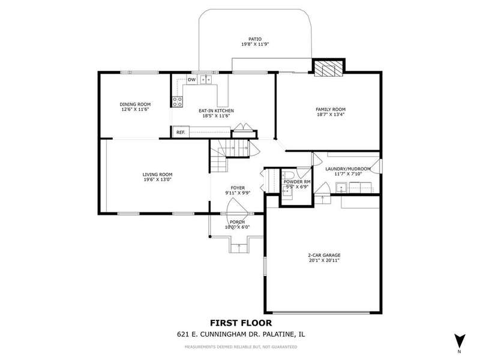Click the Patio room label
pos(255,39)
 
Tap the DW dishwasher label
pos(191,80)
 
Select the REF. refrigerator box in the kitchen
pos(181,132)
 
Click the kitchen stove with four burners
pos(178,101)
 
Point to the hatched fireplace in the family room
pos(328,68)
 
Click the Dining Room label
pos(135,104)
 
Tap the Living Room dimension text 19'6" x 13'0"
pos(157,179)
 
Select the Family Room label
pos(331,109)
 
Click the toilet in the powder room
pos(288,176)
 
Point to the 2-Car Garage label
pos(324,256)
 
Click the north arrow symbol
pos(460,341)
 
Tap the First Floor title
pos(241,323)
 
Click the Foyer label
pos(238,188)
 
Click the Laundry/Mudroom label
pos(348,169)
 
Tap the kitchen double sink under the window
pos(206,80)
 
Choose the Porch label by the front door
pos(237,222)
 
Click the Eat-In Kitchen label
pos(216,111)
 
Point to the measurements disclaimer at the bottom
pos(241,347)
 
